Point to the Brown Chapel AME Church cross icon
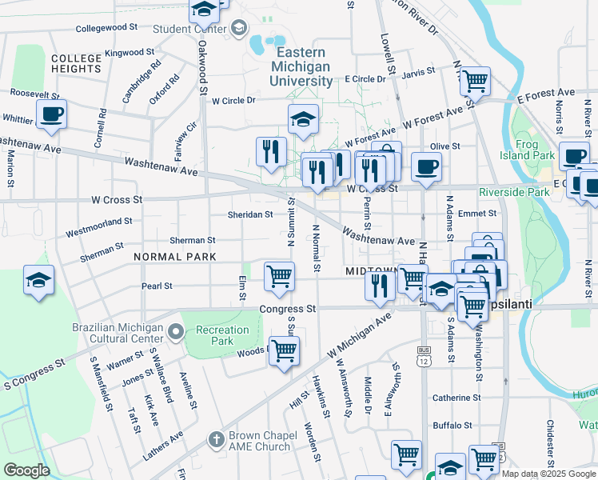[x=214, y=438]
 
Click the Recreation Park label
[x=222, y=335]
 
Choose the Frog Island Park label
[x=536, y=150]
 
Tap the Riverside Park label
[x=514, y=192]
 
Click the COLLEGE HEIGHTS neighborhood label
[x=76, y=64]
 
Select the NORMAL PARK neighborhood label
[x=175, y=257]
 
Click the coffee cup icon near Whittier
[x=51, y=114]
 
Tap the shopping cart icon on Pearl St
[x=279, y=276]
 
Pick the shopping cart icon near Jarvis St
[x=475, y=80]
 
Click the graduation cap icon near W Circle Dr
[x=303, y=119]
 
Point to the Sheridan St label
[x=250, y=214]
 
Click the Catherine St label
[x=456, y=397]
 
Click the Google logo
[x=27, y=470]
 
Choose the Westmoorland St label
[x=98, y=226]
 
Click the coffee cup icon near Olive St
[x=425, y=167]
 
